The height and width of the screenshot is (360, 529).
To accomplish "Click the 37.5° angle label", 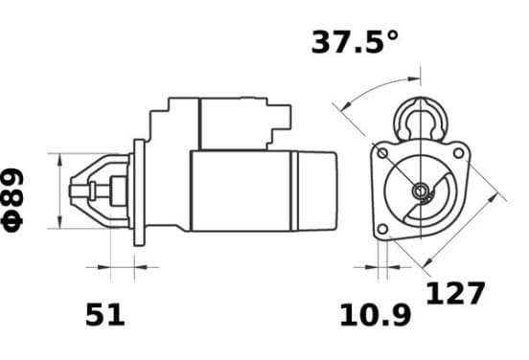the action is [355, 42].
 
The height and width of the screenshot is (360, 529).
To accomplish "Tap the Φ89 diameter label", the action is [12, 201].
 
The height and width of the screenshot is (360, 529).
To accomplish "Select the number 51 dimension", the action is [105, 314].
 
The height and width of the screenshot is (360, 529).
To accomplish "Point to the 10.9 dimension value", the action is [376, 315].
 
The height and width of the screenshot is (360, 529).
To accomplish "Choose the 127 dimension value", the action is [455, 293].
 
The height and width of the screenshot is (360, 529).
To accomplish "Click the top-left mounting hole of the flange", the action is [382, 154].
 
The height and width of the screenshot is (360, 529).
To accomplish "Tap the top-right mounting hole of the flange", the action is [458, 153].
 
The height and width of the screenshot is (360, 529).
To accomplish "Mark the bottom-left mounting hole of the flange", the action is [382, 229].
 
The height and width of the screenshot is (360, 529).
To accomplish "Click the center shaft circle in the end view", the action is [421, 191].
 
